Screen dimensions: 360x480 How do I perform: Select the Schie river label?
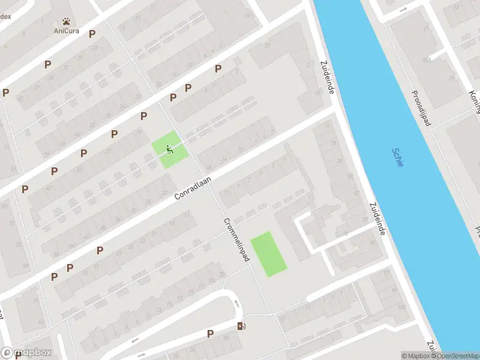coord(398,158)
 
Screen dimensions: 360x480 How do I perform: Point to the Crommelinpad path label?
coord(237,238)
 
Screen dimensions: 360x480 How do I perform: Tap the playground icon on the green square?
coord(170,149)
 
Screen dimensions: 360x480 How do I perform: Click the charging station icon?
coord(242,326)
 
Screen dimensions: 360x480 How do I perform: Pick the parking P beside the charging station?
coord(210,334)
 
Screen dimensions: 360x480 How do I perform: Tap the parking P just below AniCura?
coord(92,34)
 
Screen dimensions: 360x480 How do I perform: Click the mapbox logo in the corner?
coord(27,352)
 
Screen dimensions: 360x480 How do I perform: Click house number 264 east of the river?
coord(428,59)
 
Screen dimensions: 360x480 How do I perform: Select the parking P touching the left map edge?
coord(6,92)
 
